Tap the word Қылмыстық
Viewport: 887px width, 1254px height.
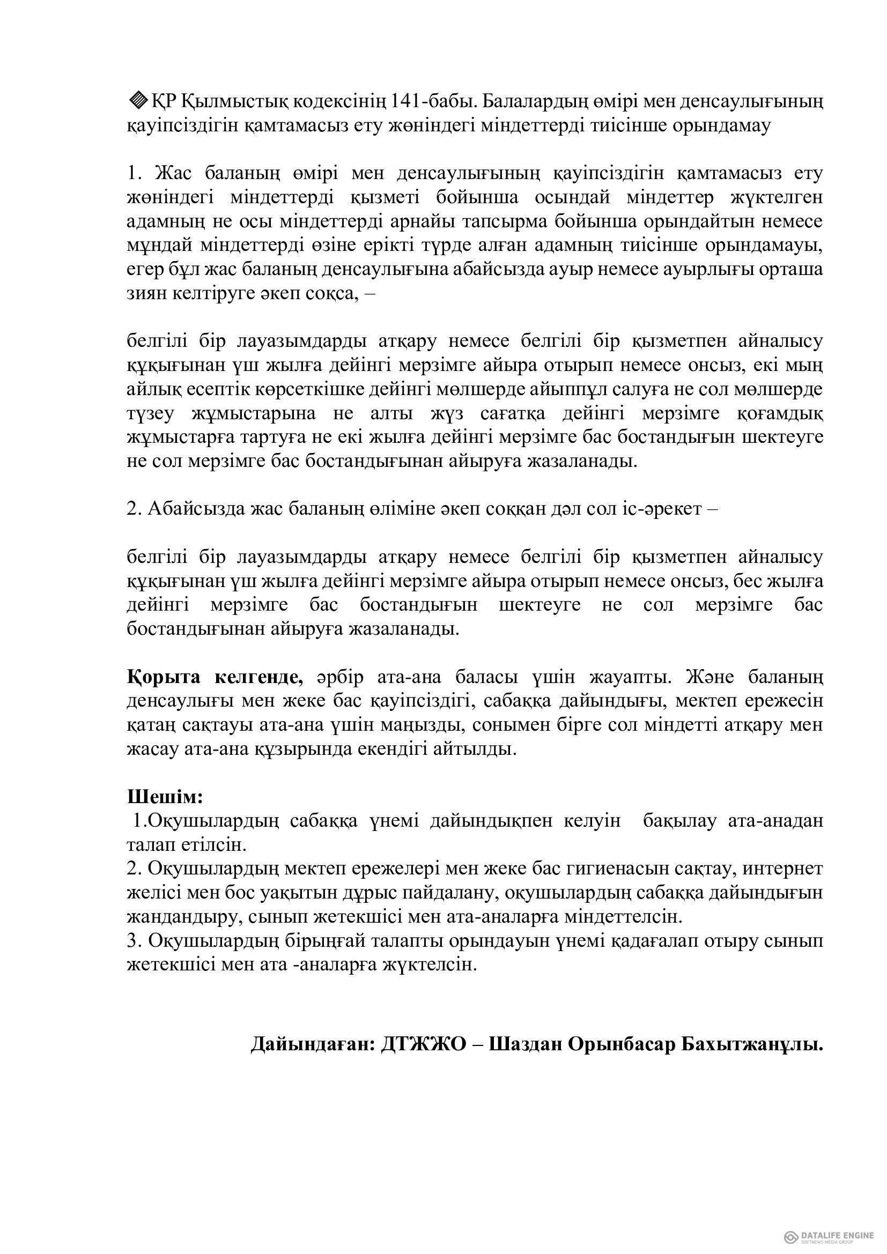[233, 101]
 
